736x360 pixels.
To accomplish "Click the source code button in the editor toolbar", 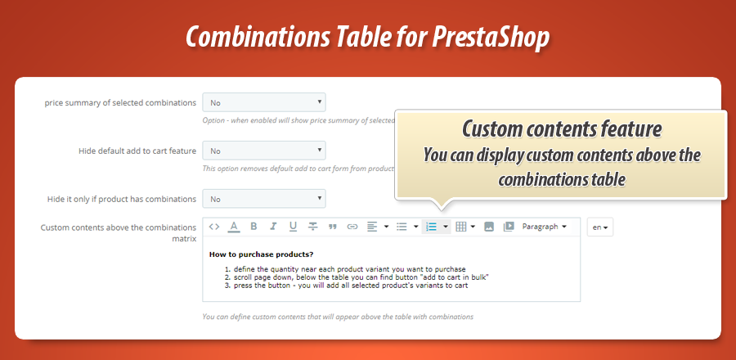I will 214,227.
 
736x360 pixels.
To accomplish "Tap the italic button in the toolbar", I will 273,227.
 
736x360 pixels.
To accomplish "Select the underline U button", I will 293,227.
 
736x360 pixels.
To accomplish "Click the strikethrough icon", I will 313,227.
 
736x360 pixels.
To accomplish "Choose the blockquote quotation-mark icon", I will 333,227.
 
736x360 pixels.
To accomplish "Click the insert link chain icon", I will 352,227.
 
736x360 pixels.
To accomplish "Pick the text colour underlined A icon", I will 234,227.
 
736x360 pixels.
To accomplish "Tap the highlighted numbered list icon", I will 432,227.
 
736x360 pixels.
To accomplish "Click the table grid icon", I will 461,227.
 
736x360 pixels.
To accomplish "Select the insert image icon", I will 489,227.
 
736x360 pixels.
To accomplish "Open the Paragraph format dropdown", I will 545,227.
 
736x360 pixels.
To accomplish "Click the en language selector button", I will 599,227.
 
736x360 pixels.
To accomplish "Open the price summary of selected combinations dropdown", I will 264,103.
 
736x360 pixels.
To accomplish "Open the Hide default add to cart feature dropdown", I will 264,151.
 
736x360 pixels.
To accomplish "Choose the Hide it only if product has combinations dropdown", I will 264,199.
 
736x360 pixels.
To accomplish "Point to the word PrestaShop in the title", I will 495,38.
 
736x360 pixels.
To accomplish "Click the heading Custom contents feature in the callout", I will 561,129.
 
